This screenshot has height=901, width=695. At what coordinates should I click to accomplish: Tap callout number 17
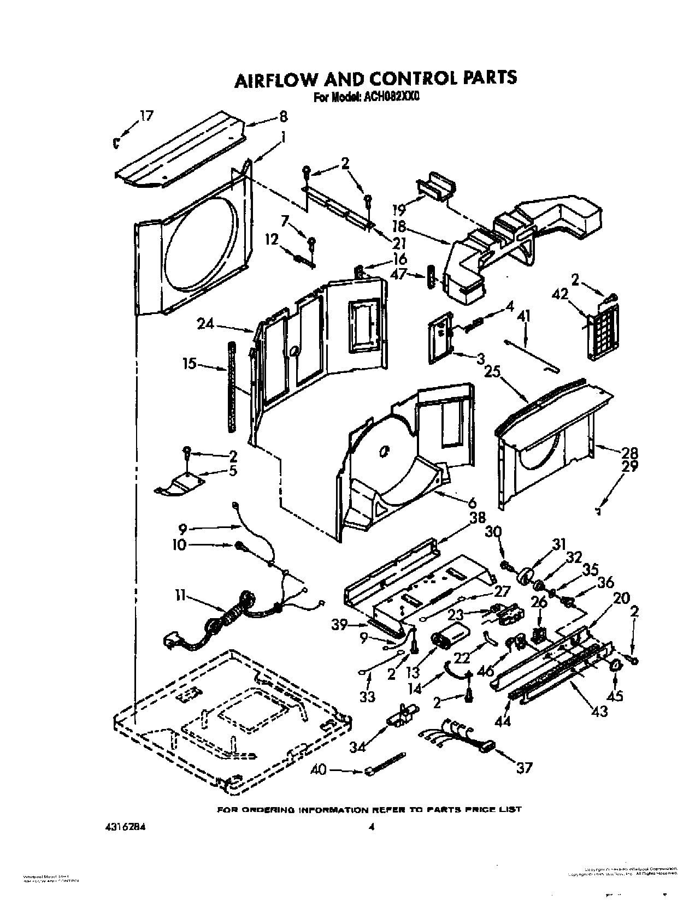pos(146,116)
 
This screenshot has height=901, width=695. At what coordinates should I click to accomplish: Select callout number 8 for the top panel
pos(282,116)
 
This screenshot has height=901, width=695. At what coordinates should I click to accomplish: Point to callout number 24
pos(205,324)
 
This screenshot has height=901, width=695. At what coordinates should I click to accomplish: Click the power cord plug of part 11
pos(174,640)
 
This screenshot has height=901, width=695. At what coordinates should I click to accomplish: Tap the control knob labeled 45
pos(616,665)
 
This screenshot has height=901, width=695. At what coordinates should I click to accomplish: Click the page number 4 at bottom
pos(371,827)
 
